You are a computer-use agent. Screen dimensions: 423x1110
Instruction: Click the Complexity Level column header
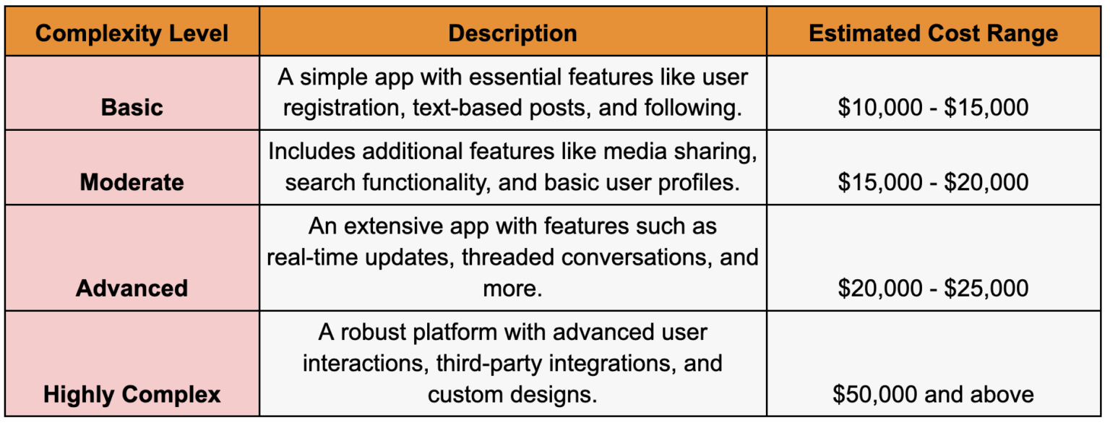coord(132,33)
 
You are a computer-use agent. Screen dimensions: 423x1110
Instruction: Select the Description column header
coord(512,33)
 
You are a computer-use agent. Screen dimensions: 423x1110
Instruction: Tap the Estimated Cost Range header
coord(933,33)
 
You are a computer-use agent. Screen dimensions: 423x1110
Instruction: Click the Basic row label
coord(132,107)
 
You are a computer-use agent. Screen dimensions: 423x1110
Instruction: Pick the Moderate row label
coord(132,181)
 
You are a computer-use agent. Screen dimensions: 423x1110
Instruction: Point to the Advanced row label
coord(132,288)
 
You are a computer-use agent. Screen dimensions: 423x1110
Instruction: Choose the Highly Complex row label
coord(132,394)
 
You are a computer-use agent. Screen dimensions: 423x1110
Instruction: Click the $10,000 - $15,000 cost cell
coord(933,107)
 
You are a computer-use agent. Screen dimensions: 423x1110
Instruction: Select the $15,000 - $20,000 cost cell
coord(933,181)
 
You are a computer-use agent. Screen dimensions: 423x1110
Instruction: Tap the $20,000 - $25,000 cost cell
coord(933,288)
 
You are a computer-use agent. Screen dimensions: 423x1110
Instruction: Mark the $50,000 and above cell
coord(933,394)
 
